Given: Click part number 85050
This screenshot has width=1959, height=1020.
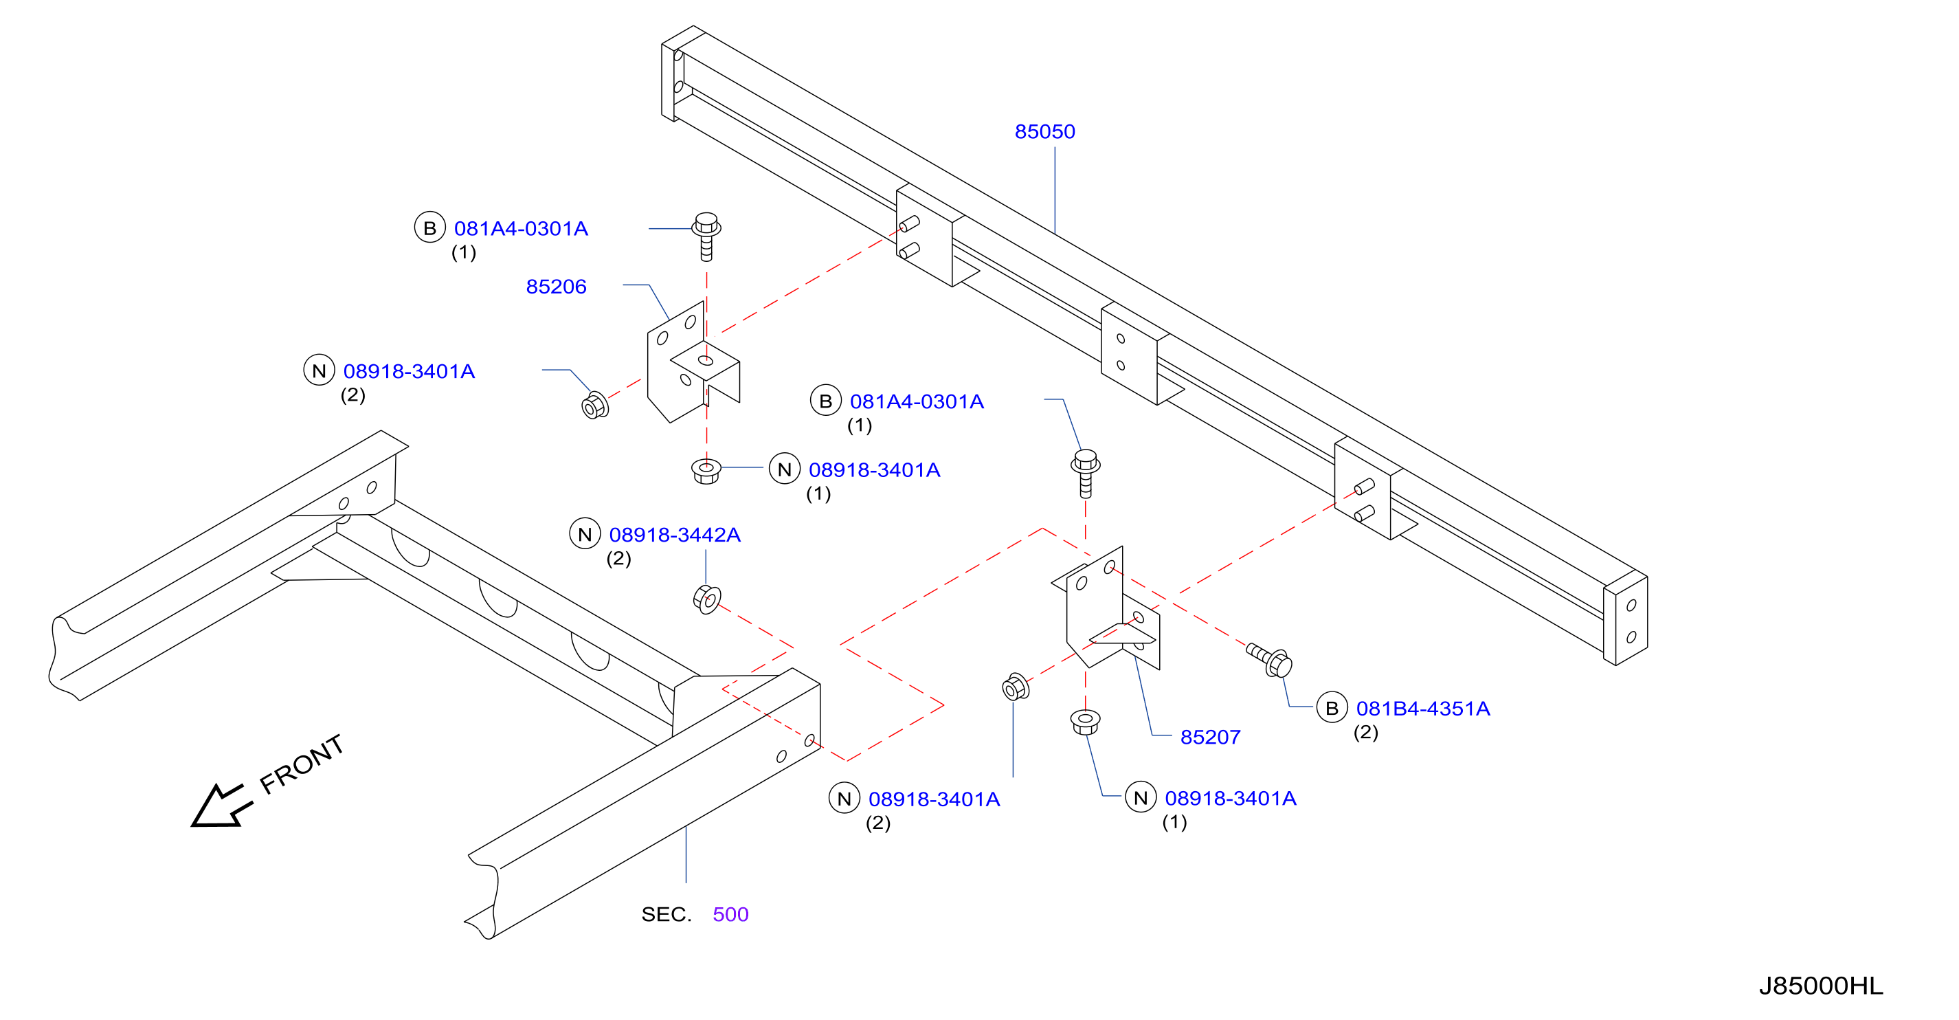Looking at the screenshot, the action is [x=1044, y=131].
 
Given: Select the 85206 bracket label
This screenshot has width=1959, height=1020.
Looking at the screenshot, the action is [x=556, y=287].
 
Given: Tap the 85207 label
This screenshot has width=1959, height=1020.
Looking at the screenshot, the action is [x=1210, y=737].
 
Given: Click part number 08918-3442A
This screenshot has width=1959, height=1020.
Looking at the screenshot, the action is [x=675, y=535].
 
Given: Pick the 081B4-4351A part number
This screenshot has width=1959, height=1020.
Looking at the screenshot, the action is [x=1423, y=709].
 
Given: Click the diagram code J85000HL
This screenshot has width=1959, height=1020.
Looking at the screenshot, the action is [x=1821, y=986].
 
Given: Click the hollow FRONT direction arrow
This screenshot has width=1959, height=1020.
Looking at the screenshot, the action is [x=221, y=806].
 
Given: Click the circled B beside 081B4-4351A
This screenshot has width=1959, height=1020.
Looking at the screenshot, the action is [x=1332, y=708].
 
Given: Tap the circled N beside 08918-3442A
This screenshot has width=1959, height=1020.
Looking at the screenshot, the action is [x=585, y=534].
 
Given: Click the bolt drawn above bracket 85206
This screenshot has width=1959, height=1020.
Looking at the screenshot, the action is [x=706, y=236].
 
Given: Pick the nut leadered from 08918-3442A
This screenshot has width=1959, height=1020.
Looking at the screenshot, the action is [x=707, y=599].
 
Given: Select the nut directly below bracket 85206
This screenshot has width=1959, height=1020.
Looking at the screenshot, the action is [x=706, y=471].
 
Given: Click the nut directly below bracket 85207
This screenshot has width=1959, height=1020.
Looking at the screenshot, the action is [x=1085, y=722].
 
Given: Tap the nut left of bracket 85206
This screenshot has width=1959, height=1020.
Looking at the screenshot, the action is [x=594, y=406].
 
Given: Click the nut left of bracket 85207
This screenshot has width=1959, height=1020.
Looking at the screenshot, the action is [x=1016, y=687].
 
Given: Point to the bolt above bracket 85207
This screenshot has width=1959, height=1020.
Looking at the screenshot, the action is [x=1085, y=474].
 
